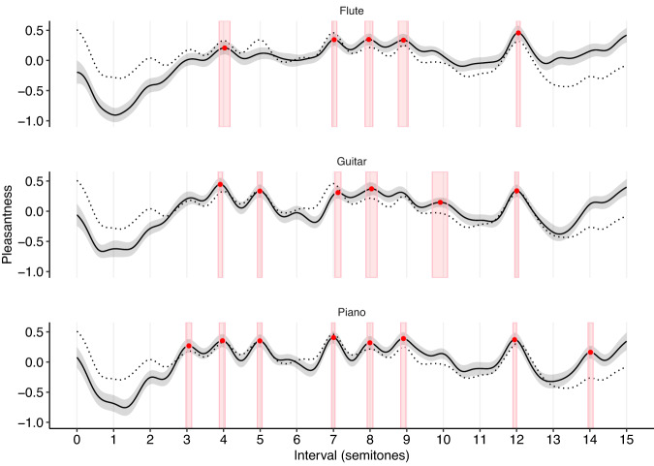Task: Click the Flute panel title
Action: click(x=352, y=11)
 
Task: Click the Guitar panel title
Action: click(x=352, y=161)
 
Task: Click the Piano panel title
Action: click(x=352, y=312)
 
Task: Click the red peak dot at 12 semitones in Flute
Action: click(x=518, y=33)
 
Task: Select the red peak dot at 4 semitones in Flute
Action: click(x=224, y=47)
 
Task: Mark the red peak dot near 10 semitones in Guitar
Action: click(x=440, y=202)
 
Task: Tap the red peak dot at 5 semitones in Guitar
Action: click(x=260, y=191)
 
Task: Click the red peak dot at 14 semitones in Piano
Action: click(x=590, y=353)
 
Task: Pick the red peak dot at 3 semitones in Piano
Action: click(x=189, y=346)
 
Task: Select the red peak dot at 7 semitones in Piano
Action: click(x=333, y=337)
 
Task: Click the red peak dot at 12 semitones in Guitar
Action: click(x=516, y=191)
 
